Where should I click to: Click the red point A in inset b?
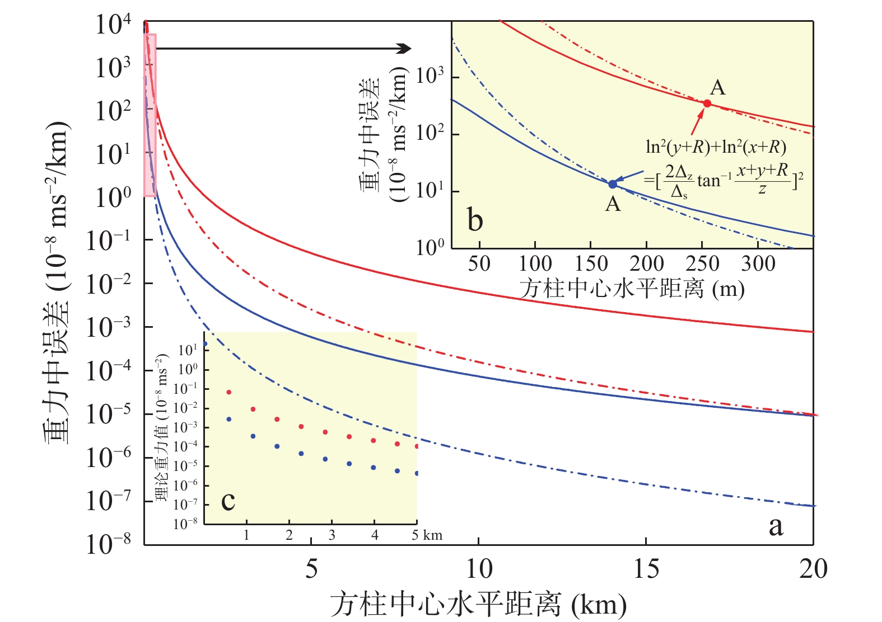click(707, 103)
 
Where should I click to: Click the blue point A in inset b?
click(613, 184)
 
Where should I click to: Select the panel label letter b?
click(475, 220)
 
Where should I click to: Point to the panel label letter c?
click(228, 500)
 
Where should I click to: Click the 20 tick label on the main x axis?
click(813, 569)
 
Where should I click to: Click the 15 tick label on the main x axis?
click(646, 569)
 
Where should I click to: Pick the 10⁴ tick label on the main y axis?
click(113, 25)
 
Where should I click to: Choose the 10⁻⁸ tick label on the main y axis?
click(109, 544)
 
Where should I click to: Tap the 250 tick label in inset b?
click(702, 263)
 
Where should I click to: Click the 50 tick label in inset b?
click(479, 263)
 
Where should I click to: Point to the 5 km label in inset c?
click(427, 535)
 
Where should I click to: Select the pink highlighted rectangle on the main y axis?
click(150, 115)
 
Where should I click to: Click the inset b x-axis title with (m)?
click(632, 289)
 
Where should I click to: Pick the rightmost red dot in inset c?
click(417, 446)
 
